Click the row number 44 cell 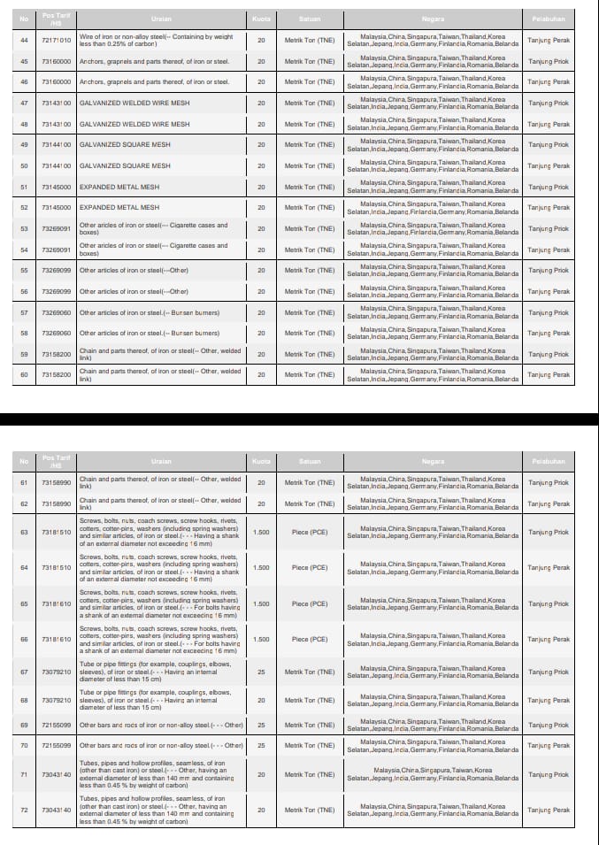[24, 40]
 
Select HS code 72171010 [56, 40]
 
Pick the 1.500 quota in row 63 [261, 533]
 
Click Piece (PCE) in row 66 [310, 639]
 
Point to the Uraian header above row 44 [161, 19]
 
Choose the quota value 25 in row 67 [261, 672]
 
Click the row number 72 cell [24, 810]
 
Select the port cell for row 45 [549, 61]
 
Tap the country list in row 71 [433, 774]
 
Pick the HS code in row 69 [56, 725]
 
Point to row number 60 [24, 375]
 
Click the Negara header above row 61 [433, 461]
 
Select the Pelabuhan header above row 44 [549, 19]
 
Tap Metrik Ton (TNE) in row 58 [310, 334]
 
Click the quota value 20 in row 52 [261, 208]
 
